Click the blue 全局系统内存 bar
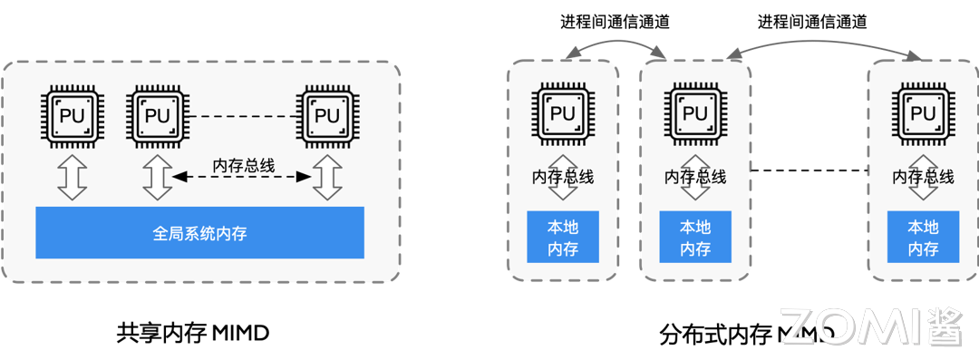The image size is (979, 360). click(199, 233)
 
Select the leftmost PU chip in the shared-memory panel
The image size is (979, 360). click(71, 116)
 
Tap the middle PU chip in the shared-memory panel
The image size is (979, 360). click(158, 116)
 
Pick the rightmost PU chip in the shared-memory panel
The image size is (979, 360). click(326, 116)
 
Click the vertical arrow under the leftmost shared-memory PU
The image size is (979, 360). click(71, 178)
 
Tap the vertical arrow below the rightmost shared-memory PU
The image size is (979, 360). click(326, 178)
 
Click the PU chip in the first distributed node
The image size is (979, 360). click(563, 114)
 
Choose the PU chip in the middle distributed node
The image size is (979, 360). click(694, 114)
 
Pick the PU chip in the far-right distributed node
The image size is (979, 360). click(923, 114)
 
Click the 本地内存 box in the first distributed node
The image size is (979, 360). click(563, 238)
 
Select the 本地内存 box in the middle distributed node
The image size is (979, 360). click(695, 238)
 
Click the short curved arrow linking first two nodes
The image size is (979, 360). click(616, 42)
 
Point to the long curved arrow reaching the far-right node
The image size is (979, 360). click(820, 41)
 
